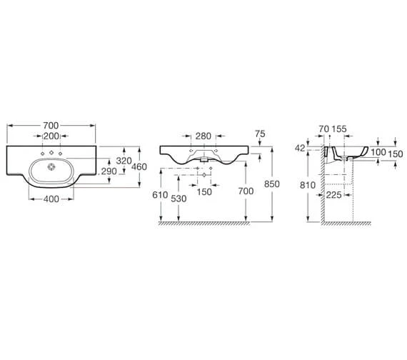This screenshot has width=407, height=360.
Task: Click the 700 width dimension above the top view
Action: pyautogui.click(x=51, y=126)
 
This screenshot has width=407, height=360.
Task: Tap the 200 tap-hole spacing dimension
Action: pyautogui.click(x=51, y=136)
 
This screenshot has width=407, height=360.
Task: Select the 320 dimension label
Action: pyautogui.click(x=124, y=161)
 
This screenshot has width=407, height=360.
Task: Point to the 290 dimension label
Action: pyautogui.click(x=109, y=171)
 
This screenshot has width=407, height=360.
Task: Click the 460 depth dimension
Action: pyautogui.click(x=139, y=166)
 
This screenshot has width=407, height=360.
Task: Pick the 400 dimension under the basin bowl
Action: pyautogui.click(x=51, y=199)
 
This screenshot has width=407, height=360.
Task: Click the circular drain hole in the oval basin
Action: pyautogui.click(x=51, y=166)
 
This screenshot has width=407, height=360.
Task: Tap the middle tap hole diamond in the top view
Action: pyautogui.click(x=51, y=152)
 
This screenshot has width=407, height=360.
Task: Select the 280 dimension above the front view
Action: pyautogui.click(x=203, y=136)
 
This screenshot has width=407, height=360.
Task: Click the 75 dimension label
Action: pyautogui.click(x=260, y=134)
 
